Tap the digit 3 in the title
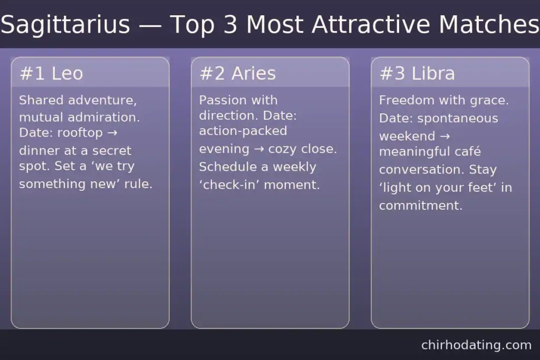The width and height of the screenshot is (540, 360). coord(230,25)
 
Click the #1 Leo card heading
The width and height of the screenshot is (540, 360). coord(51,74)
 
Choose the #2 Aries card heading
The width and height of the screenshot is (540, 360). coord(237,74)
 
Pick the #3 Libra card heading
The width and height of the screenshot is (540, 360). coord(417,74)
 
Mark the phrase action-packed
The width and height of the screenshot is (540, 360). coord(243,130)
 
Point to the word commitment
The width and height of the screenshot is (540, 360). coord(420,206)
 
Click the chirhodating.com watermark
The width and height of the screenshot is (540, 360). coord(476,345)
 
